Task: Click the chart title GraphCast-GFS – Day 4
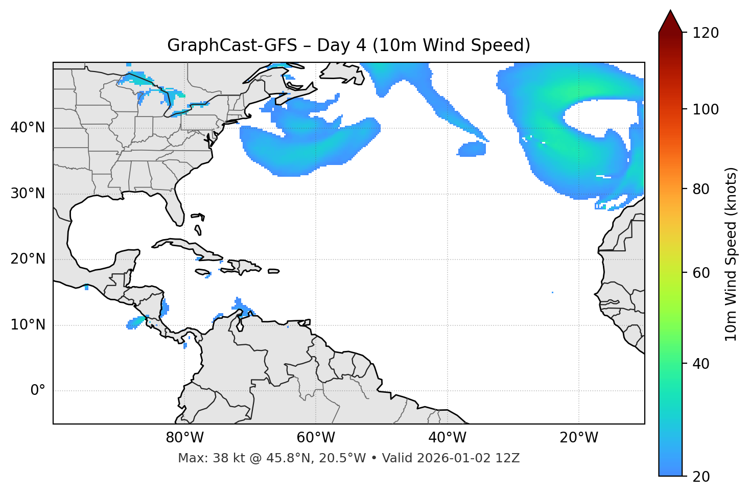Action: (x=348, y=45)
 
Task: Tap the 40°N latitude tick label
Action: (x=28, y=127)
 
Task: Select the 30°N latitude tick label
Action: (x=28, y=194)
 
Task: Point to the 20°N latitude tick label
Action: (x=28, y=259)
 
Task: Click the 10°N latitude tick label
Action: (x=28, y=325)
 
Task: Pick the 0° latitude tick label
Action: (x=38, y=391)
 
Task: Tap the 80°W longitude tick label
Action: (x=184, y=438)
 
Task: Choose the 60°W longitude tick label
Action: (x=316, y=438)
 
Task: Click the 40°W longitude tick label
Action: (x=447, y=438)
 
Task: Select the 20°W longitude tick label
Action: (x=578, y=438)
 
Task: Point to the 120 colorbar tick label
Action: (x=706, y=33)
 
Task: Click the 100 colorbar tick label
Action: (x=706, y=109)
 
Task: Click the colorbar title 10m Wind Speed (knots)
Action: (x=731, y=254)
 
